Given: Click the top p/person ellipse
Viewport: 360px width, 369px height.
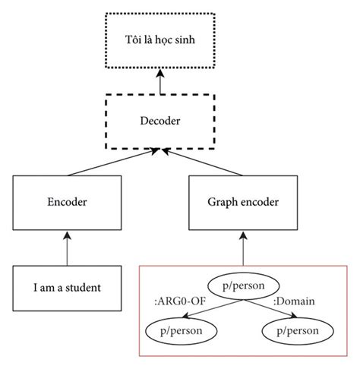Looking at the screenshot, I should click(x=241, y=287).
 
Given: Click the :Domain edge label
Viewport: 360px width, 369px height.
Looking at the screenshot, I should click(x=295, y=302).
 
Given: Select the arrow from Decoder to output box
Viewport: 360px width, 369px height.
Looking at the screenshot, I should click(x=160, y=81).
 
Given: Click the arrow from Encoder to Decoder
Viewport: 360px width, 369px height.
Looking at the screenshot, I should click(x=114, y=162).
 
